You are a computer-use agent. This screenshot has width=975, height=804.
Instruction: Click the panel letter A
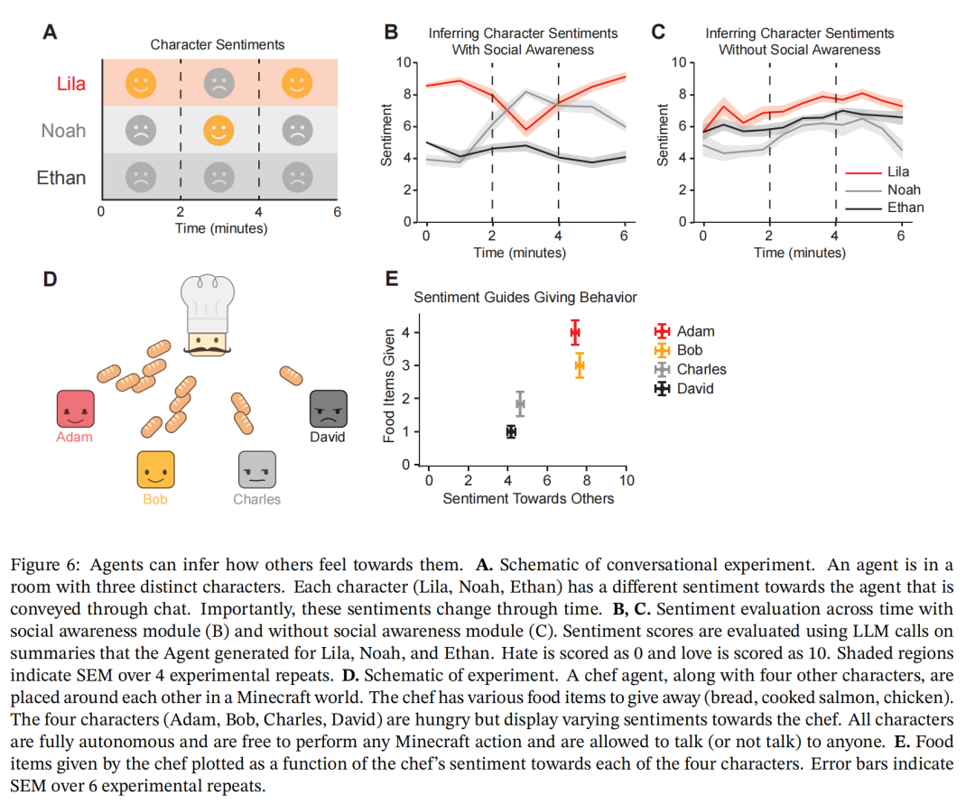tap(51, 32)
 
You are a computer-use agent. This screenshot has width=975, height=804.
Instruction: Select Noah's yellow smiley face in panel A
tap(218, 131)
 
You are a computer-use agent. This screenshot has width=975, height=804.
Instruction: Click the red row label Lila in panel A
tap(71, 84)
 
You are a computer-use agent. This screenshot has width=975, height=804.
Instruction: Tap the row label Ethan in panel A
tap(61, 178)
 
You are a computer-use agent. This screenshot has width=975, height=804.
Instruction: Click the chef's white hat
tap(208, 301)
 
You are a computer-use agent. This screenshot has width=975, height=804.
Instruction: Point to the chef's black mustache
tap(208, 347)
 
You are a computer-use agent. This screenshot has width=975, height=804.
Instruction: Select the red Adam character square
tap(75, 409)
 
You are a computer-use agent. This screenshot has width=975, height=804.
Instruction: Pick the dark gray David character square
tap(328, 409)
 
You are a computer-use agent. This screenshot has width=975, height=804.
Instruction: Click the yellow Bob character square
tap(155, 470)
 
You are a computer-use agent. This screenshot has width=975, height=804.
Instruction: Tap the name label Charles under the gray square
tap(257, 499)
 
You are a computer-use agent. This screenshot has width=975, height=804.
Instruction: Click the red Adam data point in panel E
tap(575, 332)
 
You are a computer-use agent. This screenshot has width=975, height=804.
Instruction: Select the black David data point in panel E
tap(511, 431)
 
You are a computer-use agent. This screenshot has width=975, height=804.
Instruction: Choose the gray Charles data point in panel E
tap(520, 403)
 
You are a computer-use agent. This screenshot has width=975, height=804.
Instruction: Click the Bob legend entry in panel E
tap(689, 350)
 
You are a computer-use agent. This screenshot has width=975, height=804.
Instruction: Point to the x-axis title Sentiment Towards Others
tap(528, 498)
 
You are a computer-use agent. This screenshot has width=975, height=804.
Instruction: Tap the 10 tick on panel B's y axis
tap(402, 62)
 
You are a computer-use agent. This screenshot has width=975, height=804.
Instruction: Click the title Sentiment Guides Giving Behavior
tap(525, 297)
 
